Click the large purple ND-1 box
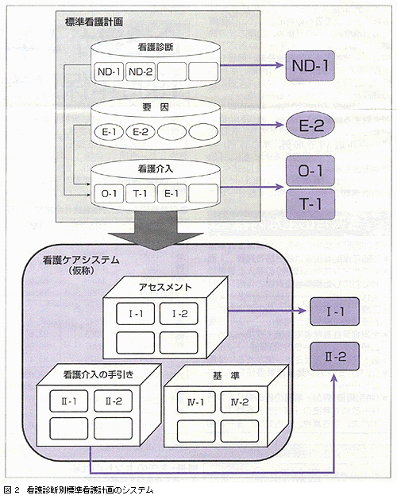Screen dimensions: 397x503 coord(310,66)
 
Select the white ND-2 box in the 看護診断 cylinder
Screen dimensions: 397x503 coord(141,72)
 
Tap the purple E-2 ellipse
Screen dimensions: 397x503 coord(310,125)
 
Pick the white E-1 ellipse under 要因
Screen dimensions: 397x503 coord(109,132)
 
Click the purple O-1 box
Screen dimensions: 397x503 coord(310,171)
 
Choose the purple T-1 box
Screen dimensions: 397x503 coord(310,204)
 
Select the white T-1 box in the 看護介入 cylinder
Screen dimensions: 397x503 coord(140,193)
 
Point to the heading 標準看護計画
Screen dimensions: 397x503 coord(94,21)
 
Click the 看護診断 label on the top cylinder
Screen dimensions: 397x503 coord(156,47)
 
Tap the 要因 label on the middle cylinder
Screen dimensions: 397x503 coord(156,107)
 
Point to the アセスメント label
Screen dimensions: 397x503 coord(165,287)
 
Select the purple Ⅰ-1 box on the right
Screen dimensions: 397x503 coord(334,311)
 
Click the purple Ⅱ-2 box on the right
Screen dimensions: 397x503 coord(334,357)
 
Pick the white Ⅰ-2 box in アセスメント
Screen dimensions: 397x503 coord(179,313)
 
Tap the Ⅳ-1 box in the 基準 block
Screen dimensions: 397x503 coord(196,401)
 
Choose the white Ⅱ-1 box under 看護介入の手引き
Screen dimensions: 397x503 coord(68,401)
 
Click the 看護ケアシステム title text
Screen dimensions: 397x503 coord(81,260)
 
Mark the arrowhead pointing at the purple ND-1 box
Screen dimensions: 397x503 coord(279,65)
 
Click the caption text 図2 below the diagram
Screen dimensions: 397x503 coord(12,489)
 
